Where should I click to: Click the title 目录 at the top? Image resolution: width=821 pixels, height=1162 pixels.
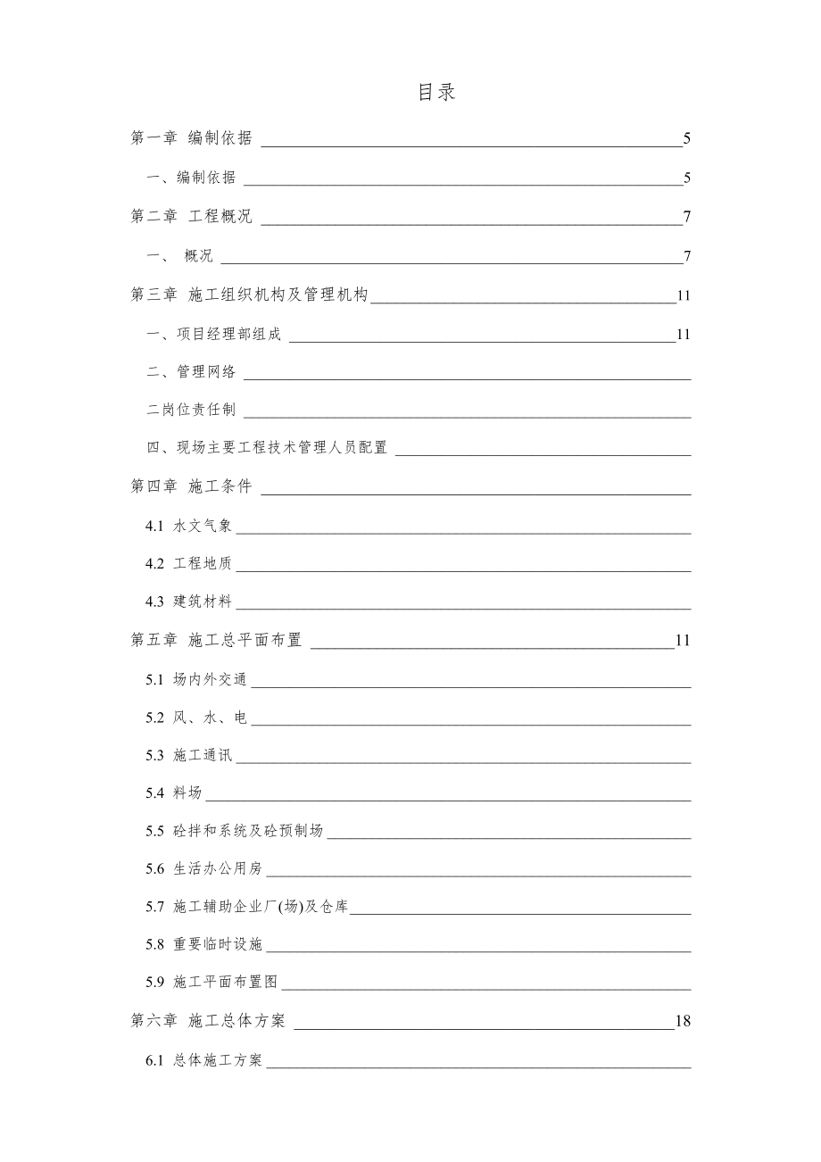[437, 93]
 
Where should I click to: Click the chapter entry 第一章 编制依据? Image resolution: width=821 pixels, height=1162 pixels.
[192, 138]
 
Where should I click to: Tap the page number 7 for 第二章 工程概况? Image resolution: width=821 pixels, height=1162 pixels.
[687, 217]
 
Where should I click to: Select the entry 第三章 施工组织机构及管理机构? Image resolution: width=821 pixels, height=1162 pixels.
[250, 295]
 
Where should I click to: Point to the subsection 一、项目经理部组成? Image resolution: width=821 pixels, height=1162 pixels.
[214, 335]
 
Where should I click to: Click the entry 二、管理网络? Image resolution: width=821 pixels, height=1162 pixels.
[192, 372]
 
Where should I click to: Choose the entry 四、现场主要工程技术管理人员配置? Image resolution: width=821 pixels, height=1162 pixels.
[268, 448]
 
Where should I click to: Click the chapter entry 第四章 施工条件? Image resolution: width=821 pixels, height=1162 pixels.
[192, 486]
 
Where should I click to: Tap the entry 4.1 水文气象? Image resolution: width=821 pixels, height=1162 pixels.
[189, 526]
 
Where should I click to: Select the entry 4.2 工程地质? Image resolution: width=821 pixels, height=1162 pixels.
[189, 564]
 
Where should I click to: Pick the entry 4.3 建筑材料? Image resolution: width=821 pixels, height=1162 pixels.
[189, 602]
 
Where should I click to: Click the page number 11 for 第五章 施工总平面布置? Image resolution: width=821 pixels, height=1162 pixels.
[684, 640]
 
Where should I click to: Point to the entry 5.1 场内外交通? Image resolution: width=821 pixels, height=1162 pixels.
[196, 680]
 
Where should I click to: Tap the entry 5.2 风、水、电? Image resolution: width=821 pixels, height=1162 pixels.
[196, 718]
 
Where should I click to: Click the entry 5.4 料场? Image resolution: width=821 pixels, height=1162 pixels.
[174, 793]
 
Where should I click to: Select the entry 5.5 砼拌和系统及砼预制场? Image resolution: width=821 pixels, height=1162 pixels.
[235, 831]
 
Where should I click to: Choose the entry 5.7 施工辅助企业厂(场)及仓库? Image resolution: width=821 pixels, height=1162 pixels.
[247, 907]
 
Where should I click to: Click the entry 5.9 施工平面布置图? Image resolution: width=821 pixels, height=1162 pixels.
[212, 983]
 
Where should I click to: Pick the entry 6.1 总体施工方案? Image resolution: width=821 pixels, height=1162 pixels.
[204, 1061]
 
